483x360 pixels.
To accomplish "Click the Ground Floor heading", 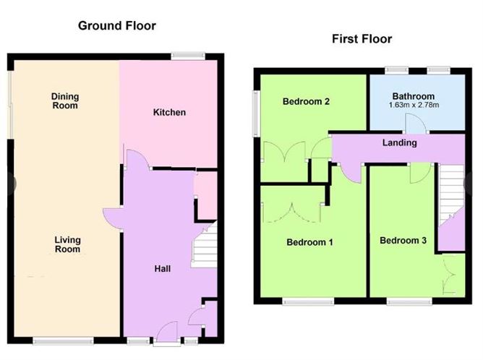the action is (117, 25).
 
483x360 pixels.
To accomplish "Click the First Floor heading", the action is (362, 39).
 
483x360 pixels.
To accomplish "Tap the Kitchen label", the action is (169, 112).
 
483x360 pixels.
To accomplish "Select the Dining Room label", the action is (65, 101).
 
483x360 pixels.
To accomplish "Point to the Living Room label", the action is (67, 244).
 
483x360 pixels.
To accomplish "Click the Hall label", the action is (163, 269).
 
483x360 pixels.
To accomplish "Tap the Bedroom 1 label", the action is (309, 242).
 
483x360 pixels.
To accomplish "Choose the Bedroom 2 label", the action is (306, 101).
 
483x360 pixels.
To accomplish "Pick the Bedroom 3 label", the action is (403, 241).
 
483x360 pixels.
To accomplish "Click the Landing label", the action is (400, 142).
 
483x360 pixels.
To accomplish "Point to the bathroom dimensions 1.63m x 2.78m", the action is (414, 105).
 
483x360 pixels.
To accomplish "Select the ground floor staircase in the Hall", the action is (204, 245).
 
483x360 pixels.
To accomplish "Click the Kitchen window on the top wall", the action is (188, 56).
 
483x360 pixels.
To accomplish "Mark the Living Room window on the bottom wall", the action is (63, 340).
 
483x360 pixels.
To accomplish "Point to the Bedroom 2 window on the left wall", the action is (256, 113).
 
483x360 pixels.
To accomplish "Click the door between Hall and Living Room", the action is (113, 218).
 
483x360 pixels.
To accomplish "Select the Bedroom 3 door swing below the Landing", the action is (420, 173).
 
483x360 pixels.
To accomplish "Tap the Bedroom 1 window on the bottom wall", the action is (308, 301).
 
